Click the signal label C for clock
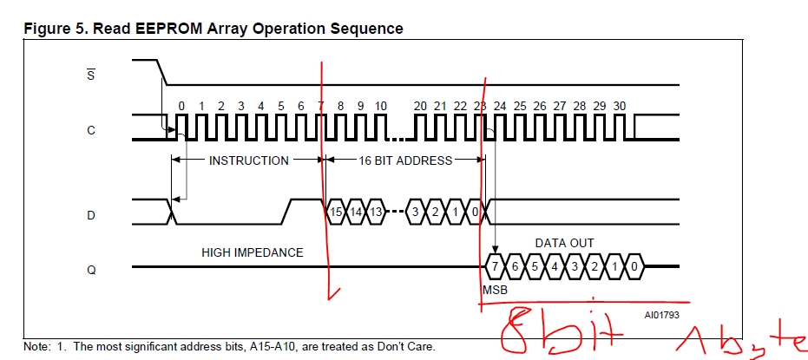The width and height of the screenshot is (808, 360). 91,130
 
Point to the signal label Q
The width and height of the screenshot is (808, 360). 91,269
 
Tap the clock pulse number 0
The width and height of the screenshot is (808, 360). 181,106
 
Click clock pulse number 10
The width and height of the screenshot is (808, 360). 380,106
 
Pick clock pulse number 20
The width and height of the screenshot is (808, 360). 420,106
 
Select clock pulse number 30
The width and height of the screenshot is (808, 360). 620,106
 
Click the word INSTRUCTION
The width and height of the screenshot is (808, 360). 248,160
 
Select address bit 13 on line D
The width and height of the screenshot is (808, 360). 376,213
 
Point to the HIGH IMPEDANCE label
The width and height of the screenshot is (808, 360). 252,252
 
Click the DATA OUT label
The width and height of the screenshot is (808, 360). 564,244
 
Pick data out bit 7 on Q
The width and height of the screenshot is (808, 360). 495,267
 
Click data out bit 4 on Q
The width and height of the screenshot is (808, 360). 554,267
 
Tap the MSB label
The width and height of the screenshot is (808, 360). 495,290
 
